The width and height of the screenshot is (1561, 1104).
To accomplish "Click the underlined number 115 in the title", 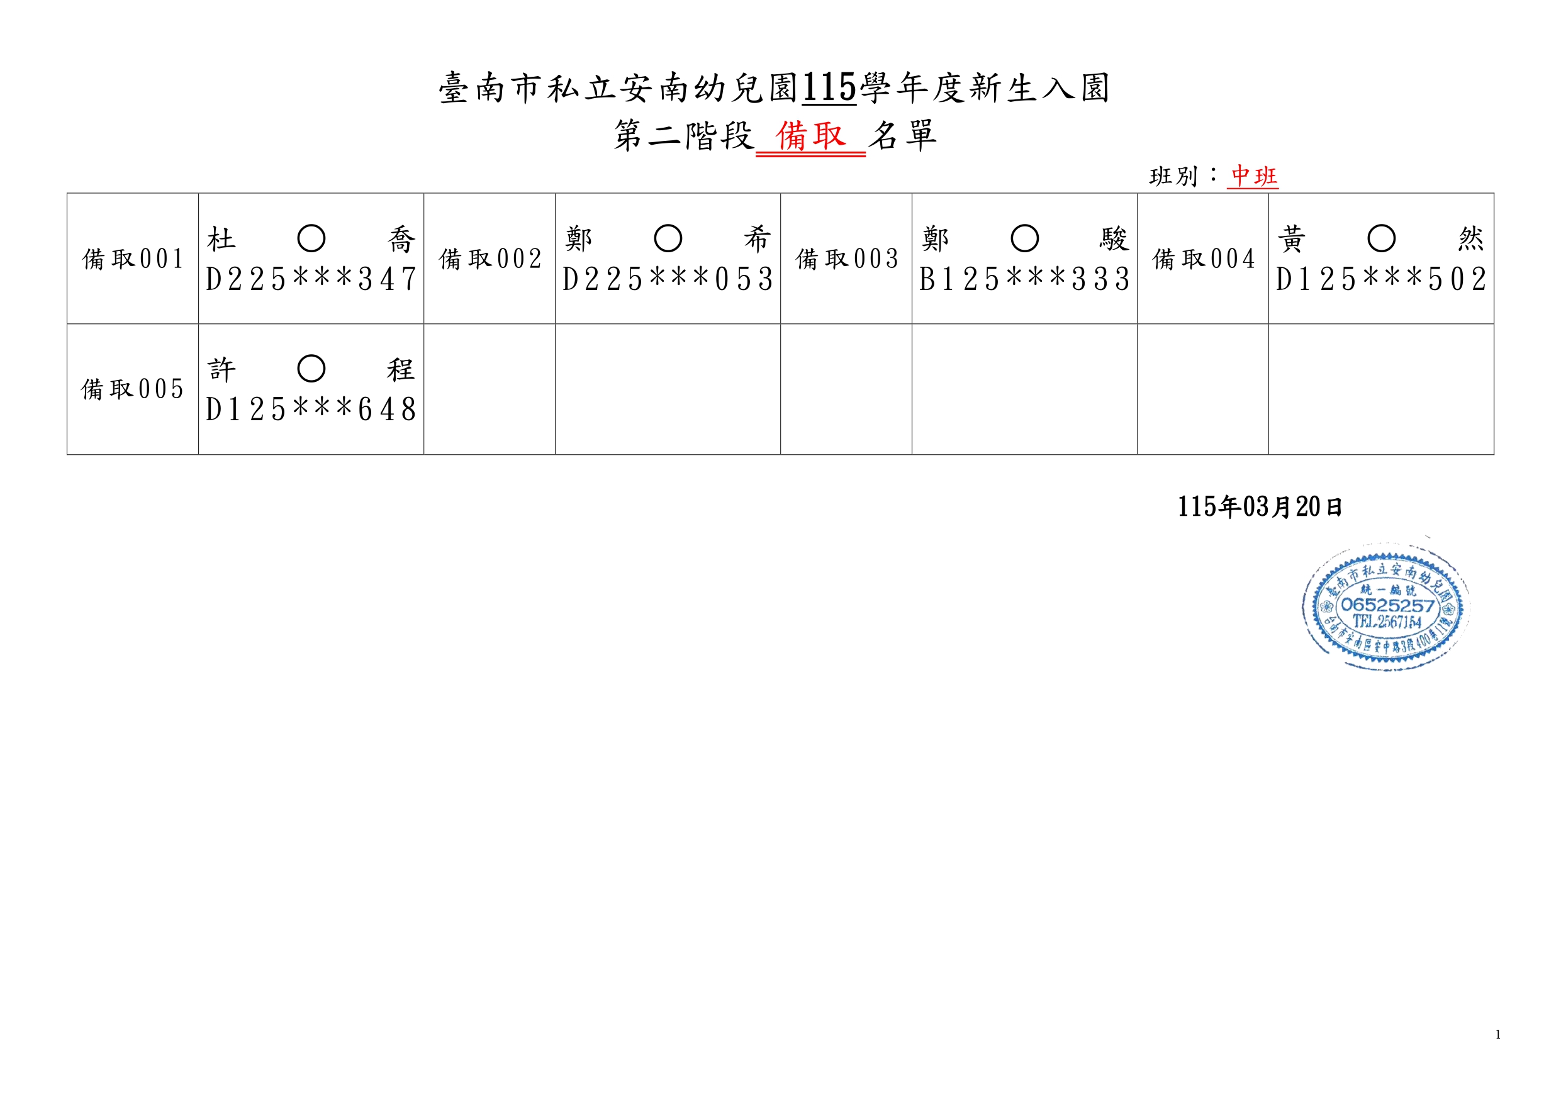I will click(x=829, y=88).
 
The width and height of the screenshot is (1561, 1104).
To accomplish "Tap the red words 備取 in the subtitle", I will click(x=810, y=136).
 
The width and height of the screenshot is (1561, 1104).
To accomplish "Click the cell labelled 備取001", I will click(x=133, y=259).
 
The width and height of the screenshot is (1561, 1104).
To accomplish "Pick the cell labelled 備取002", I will click(x=490, y=259).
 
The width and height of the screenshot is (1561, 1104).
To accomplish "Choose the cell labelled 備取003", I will click(x=847, y=259).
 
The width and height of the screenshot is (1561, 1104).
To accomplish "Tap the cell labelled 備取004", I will click(x=1204, y=259).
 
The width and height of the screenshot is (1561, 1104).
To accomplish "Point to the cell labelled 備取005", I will click(x=133, y=389).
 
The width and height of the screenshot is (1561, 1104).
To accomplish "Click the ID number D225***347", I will click(x=311, y=279).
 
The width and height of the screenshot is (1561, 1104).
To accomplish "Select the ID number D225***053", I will click(x=668, y=279).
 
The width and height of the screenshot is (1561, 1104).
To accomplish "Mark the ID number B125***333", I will click(x=1024, y=279).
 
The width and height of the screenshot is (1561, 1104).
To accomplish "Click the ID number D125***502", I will click(x=1381, y=279).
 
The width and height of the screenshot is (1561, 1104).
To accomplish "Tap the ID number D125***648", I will click(x=311, y=410).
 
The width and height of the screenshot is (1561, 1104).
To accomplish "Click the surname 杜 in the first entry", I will click(x=221, y=239).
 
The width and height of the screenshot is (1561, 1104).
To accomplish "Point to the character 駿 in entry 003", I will click(x=1114, y=239).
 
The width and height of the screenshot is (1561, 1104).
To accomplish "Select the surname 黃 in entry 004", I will click(x=1291, y=239).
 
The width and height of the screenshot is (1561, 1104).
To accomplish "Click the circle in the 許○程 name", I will click(x=311, y=369).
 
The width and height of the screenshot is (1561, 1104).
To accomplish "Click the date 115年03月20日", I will click(x=1260, y=507).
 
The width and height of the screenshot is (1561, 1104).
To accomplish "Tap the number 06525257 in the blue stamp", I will click(x=1387, y=605).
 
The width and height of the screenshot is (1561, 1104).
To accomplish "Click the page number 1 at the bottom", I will click(x=1498, y=1035).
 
